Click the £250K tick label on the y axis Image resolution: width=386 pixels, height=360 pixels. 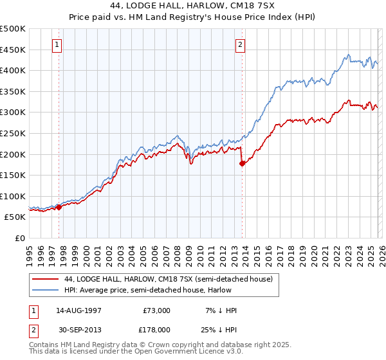click(13, 133)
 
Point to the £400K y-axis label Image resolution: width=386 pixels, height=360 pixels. click(13, 70)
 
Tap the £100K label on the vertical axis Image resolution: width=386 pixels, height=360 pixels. click(13, 196)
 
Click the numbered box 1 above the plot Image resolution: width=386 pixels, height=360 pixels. click(58, 45)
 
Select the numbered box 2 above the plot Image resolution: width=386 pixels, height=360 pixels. click(240, 45)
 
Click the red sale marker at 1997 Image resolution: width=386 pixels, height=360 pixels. click(59, 207)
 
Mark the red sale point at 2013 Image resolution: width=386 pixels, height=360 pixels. click(242, 163)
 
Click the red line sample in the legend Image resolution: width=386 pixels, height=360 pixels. click(46, 279)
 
